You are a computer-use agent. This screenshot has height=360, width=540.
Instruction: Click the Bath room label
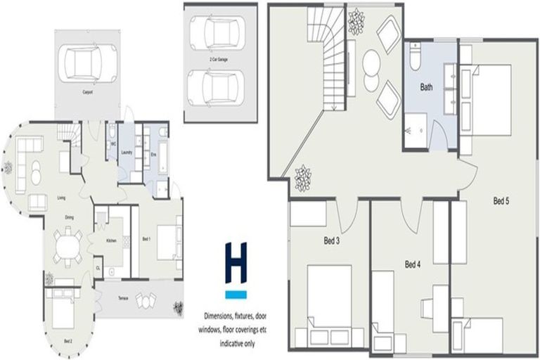coord(427,88)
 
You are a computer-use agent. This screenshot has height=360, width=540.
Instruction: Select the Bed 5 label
coord(501,202)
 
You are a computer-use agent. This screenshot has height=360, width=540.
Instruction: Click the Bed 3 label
coord(331,241)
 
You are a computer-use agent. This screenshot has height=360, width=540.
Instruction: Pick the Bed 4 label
coord(413,265)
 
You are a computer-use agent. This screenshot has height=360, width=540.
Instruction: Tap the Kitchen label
coord(111,240)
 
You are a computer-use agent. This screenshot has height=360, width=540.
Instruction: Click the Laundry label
coord(127,152)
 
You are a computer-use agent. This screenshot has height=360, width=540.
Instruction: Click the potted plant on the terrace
coord(178,307)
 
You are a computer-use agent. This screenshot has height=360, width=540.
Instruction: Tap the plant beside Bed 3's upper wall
coord(303,178)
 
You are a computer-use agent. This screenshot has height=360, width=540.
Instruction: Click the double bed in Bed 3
coord(329,295)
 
